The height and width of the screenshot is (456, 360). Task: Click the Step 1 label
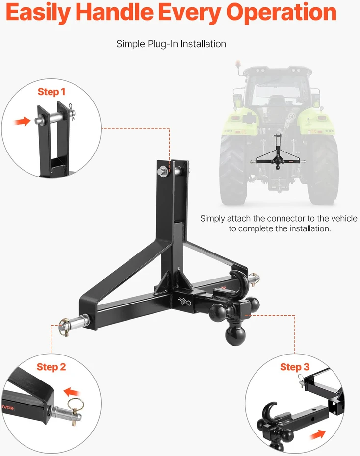click(x=51, y=92)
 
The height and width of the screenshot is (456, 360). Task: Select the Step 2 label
click(x=51, y=367)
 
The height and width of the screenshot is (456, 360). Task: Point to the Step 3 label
click(x=295, y=367)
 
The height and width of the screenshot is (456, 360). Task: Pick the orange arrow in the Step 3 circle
click(x=317, y=435)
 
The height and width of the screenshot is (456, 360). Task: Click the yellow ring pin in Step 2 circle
click(x=76, y=405)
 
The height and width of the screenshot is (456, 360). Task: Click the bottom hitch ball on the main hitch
click(x=235, y=335)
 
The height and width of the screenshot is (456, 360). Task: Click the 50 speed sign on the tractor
click(x=292, y=116)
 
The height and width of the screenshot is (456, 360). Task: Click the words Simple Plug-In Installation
click(x=171, y=44)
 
